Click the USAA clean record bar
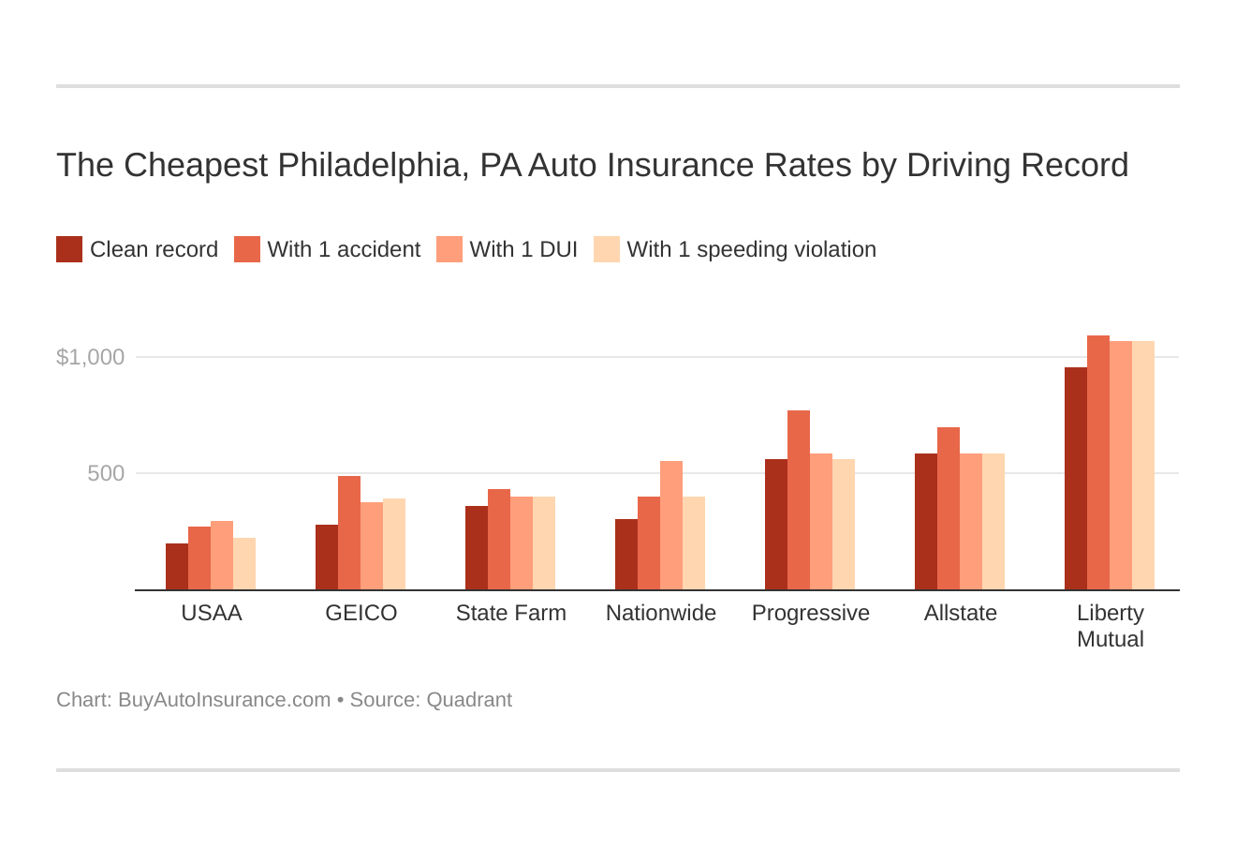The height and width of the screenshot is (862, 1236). point(177,567)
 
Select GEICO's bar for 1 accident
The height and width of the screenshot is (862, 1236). point(349,533)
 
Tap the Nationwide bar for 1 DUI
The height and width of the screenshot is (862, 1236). point(671,526)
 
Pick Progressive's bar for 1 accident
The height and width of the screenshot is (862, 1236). point(799,500)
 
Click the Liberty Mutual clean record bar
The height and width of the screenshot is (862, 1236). point(1076,479)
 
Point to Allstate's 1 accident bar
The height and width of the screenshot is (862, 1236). point(949,509)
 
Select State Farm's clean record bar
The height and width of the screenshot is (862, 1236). point(477,548)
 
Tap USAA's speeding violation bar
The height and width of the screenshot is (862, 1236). point(244,564)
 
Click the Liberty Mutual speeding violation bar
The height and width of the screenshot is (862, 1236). point(1143,466)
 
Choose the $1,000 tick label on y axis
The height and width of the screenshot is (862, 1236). point(91,357)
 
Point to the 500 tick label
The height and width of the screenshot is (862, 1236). point(106,473)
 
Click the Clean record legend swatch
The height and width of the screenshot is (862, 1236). point(69,249)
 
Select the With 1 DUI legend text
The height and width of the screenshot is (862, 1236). point(523,249)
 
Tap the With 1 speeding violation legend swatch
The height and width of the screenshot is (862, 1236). point(607,249)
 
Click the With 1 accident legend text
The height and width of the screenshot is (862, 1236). point(344,249)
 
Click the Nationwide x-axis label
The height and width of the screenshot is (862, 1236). point(661,613)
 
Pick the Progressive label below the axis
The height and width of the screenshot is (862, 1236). point(811,613)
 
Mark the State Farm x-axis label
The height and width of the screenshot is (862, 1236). point(511,613)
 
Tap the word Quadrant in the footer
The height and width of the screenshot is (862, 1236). point(469,700)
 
